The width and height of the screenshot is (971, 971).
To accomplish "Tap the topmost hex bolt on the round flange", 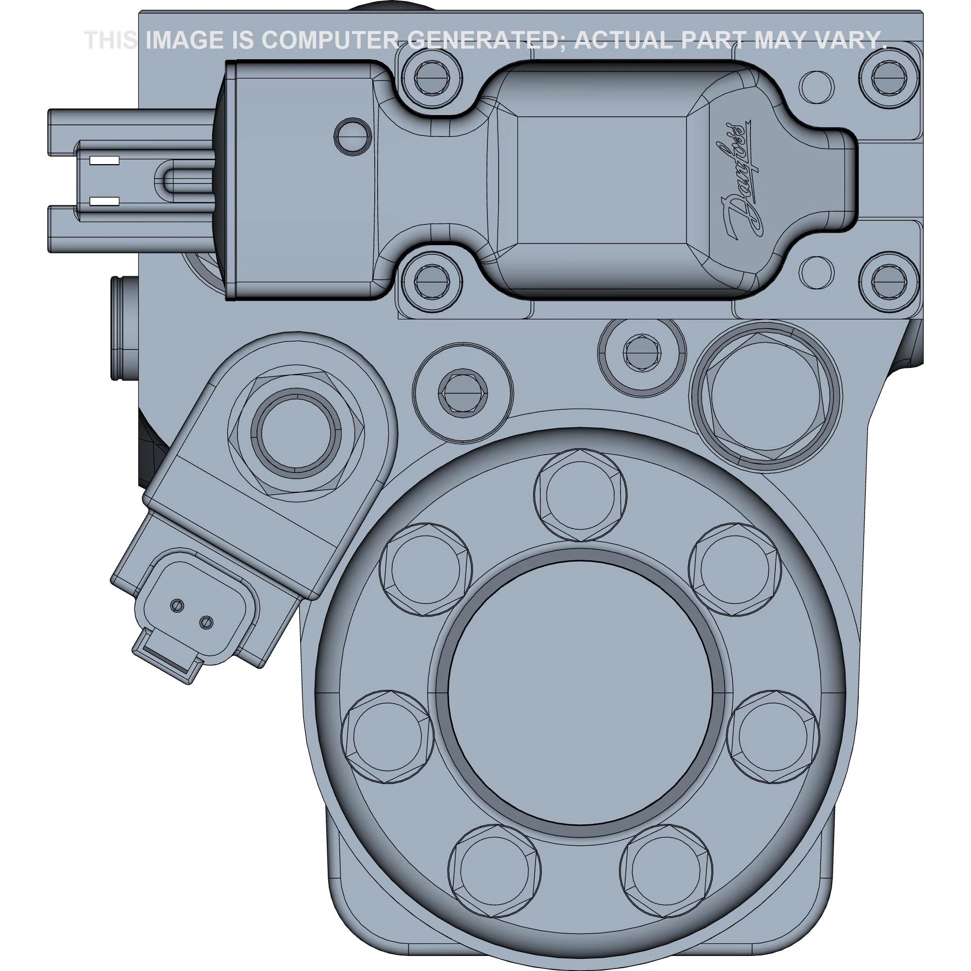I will pos(581,495).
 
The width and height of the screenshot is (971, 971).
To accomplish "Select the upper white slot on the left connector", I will pos(104,161).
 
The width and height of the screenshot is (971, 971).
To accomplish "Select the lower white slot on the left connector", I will pos(104,201).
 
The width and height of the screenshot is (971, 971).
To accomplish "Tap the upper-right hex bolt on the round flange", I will pos(734,569).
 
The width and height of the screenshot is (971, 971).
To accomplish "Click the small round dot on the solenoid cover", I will pos(353,136).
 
